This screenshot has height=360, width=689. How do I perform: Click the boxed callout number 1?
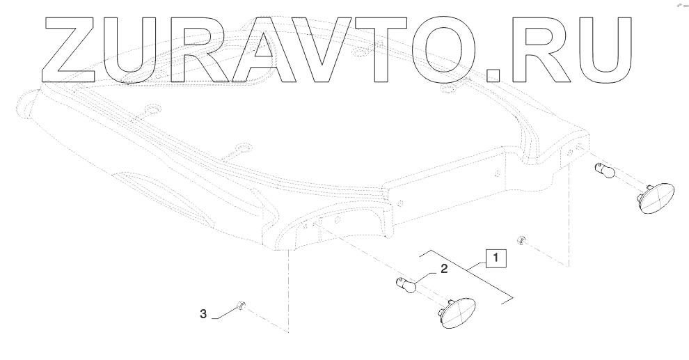496,259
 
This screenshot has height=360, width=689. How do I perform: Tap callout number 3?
203,315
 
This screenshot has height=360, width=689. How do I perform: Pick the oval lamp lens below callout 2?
456,311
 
